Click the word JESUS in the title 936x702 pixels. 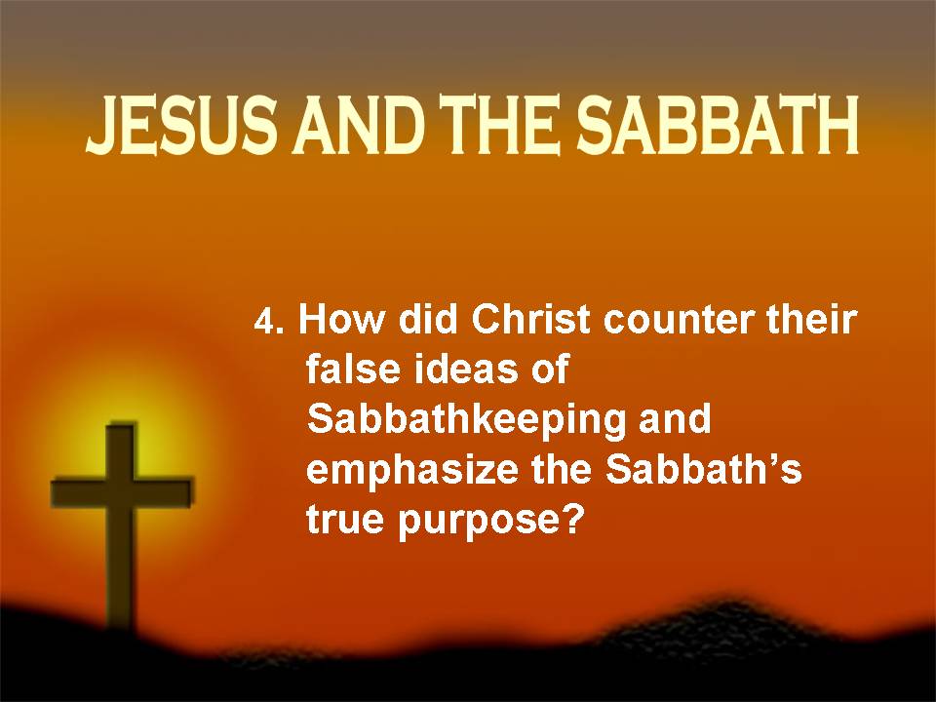182,126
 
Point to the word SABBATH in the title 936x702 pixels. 718,126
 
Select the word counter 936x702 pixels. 680,321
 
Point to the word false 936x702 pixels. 353,369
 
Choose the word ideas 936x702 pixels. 466,369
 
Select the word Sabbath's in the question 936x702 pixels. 704,469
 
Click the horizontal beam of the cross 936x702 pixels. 123,491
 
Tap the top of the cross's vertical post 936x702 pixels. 122,425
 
